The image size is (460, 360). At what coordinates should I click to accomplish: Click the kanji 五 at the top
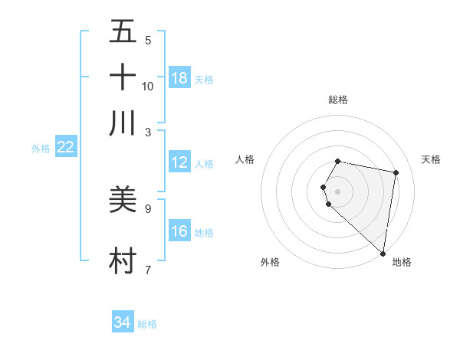[x=123, y=31]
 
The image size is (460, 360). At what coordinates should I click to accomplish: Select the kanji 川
[x=123, y=123]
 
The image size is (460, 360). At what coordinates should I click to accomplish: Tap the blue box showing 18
[x=179, y=78]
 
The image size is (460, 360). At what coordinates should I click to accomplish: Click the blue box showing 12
[x=179, y=162]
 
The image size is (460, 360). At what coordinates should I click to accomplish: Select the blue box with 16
[x=179, y=231]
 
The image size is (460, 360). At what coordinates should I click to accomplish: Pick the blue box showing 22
[x=66, y=147]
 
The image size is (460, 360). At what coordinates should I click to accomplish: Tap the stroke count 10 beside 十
[x=148, y=87]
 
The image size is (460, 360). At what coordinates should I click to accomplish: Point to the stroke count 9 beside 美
[x=148, y=208]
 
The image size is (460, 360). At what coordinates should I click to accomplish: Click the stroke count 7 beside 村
[x=148, y=270]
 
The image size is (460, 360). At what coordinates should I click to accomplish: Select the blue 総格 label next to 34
[x=147, y=324]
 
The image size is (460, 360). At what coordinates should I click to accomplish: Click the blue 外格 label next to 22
[x=41, y=149]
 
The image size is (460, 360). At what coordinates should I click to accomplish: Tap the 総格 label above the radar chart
[x=338, y=100]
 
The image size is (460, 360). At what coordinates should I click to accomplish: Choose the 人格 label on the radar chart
[x=245, y=159]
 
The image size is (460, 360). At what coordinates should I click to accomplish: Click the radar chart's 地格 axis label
[x=402, y=263]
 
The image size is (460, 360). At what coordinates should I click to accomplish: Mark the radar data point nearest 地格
[x=383, y=253]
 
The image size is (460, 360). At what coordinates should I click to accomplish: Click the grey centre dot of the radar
[x=338, y=191]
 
